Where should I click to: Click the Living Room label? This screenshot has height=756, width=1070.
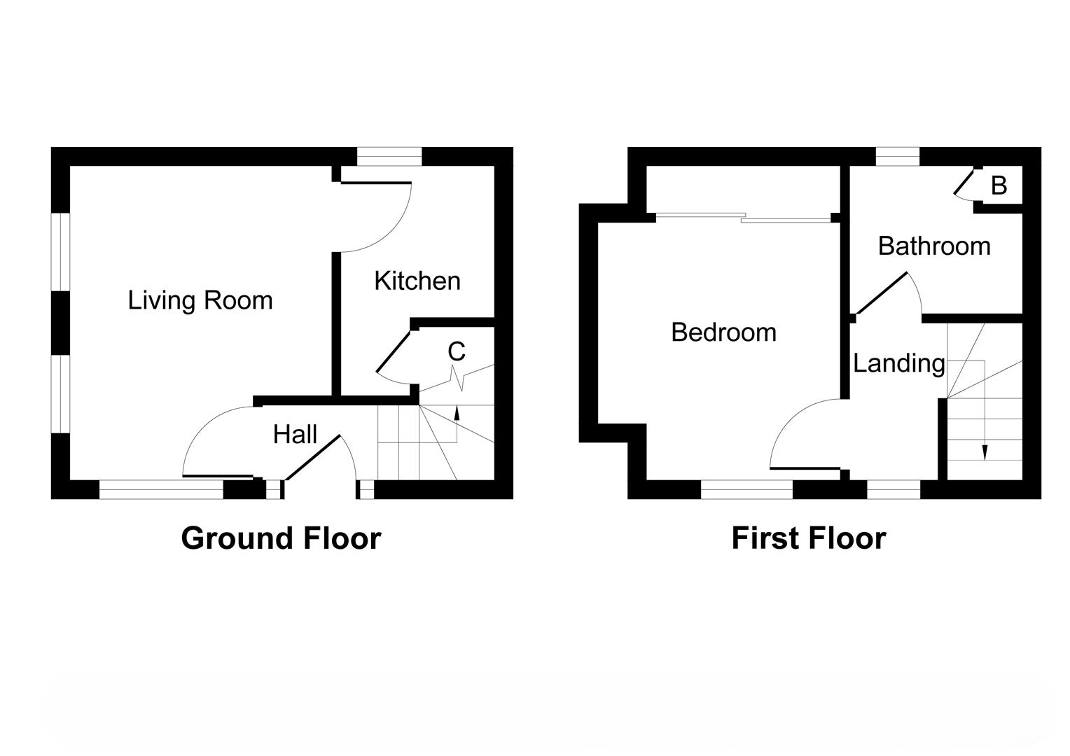pos(200,300)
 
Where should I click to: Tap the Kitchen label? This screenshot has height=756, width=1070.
pos(417,281)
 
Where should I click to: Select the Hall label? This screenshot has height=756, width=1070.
pos(295,435)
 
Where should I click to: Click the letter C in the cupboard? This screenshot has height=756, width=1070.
pos(457,351)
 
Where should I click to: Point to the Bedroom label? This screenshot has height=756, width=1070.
pos(723,332)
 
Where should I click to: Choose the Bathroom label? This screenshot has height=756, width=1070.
pos(934,246)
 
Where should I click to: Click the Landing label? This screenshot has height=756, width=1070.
pos(898,363)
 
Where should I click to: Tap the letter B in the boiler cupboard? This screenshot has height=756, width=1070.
pos(999,185)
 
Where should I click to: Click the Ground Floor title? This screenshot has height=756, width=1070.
pos(281,538)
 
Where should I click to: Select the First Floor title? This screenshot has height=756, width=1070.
pos(808,538)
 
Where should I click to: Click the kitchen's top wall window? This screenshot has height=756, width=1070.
pos(389,156)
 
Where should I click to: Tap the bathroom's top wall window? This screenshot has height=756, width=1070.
pos(897,156)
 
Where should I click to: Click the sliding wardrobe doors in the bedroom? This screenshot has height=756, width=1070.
pos(742,218)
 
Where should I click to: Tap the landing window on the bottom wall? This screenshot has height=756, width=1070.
pos(894,489)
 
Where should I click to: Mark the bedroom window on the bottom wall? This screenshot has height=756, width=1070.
pos(746,489)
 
